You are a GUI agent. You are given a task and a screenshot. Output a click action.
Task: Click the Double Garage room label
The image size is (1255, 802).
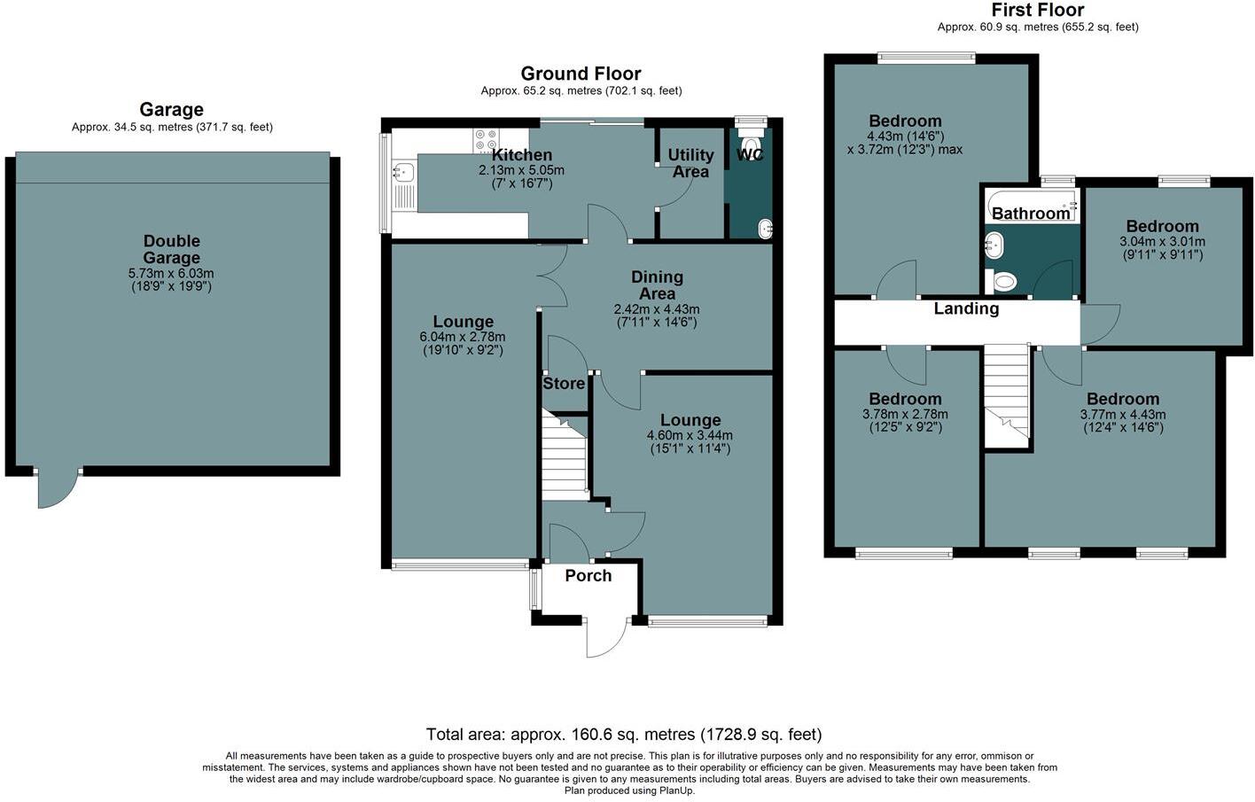click(x=172, y=249)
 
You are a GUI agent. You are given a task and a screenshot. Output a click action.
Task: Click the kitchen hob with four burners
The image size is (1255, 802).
click(x=486, y=141)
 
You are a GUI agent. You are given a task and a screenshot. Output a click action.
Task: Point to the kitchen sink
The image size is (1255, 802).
click(x=403, y=171)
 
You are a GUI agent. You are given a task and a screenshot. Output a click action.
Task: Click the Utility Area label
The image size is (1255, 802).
click(x=690, y=163)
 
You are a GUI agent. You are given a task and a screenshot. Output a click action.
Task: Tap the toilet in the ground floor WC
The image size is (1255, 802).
click(x=752, y=144)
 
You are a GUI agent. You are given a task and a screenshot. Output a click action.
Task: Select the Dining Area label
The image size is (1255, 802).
click(x=657, y=285)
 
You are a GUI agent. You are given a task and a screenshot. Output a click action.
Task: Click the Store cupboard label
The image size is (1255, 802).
click(x=564, y=384)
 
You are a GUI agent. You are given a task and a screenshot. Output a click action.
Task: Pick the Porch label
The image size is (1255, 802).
click(x=589, y=575)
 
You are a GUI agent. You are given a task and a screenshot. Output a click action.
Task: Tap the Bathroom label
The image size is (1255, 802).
click(x=1031, y=214)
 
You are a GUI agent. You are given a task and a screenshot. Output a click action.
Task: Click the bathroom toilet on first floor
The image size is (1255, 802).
click(x=1004, y=282)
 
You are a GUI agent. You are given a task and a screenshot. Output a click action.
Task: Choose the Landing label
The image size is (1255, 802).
click(x=966, y=308)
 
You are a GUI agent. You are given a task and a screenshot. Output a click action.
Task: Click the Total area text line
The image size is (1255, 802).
click(x=624, y=735)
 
